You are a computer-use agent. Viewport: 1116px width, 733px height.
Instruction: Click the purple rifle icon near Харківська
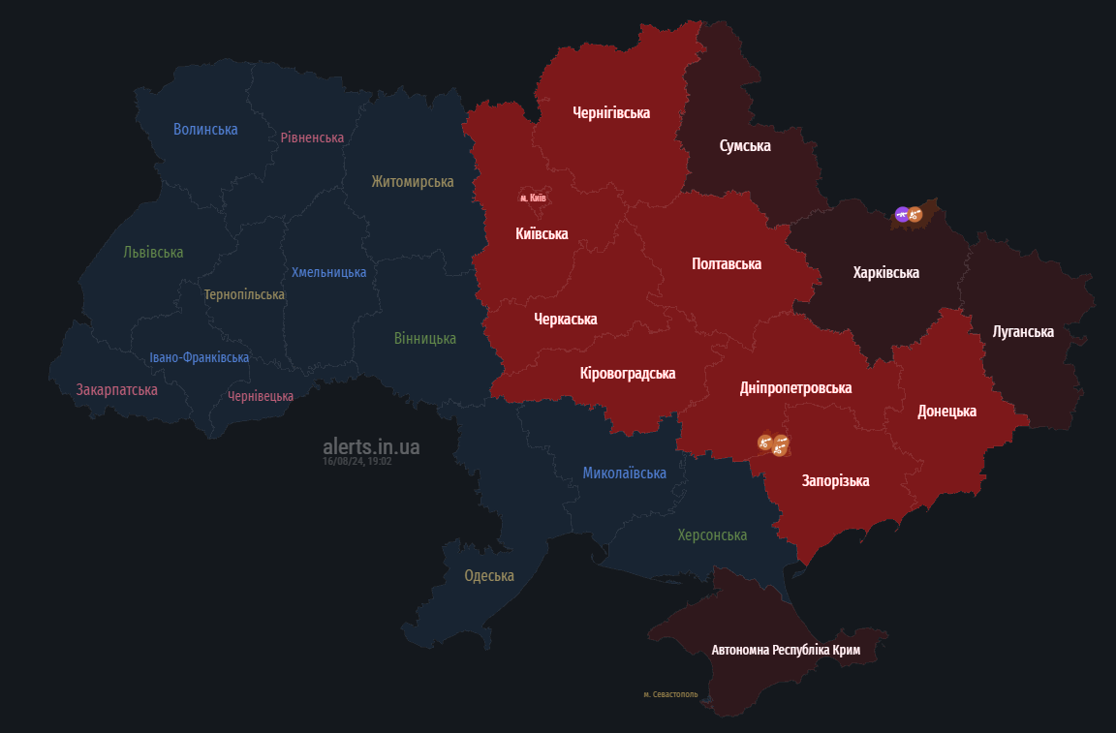click(902, 214)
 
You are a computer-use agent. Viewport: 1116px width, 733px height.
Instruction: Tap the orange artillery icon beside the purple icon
click(914, 215)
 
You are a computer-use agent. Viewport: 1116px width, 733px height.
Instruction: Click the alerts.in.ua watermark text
click(371, 446)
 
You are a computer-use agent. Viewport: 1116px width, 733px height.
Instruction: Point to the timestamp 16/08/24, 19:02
click(356, 462)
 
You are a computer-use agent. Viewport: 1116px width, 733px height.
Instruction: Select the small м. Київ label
click(533, 198)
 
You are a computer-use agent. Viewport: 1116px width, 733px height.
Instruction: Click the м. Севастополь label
click(670, 694)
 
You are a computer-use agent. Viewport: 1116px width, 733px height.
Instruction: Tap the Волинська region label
click(205, 129)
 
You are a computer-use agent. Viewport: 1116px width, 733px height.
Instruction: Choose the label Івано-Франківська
click(199, 357)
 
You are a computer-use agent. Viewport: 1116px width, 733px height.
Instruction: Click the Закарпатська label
click(117, 389)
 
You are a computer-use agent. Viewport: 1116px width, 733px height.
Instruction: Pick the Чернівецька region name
click(261, 396)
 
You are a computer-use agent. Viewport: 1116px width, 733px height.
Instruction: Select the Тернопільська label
click(244, 294)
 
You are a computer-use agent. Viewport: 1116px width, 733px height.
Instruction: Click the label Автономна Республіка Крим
click(786, 650)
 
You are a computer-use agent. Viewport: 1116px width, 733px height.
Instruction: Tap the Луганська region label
click(1023, 332)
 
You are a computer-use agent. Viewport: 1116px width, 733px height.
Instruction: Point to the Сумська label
click(745, 145)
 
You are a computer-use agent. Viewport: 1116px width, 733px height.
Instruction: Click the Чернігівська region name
click(611, 112)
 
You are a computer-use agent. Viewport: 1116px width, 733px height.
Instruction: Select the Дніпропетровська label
click(795, 387)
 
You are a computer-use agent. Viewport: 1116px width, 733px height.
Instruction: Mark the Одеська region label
click(489, 575)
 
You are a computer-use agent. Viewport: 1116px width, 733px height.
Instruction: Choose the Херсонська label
click(712, 534)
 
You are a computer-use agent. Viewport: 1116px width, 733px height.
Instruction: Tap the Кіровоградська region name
click(628, 373)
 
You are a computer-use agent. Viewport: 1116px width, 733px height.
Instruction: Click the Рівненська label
click(312, 137)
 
